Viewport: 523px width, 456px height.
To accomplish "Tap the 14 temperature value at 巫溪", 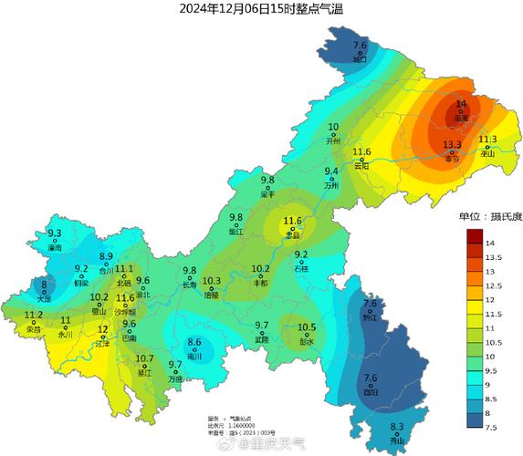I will point(461,105).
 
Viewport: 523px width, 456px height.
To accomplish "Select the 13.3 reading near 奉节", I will point(452,145).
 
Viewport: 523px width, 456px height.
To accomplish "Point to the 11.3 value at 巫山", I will point(487,140).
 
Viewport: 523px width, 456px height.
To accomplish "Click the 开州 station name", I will point(333,141).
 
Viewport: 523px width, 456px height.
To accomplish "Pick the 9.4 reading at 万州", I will point(331,171).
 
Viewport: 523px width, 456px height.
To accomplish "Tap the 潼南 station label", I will point(55,247).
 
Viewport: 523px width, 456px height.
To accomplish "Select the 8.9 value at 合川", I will point(106,256).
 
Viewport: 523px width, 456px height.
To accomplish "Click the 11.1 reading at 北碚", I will point(124,268).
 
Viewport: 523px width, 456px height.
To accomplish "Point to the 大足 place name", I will point(44,298).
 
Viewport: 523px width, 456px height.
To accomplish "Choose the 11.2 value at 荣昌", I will point(34,316).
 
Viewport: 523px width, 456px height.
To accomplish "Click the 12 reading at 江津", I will point(103,329).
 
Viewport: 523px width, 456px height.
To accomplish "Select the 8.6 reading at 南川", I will point(194,342).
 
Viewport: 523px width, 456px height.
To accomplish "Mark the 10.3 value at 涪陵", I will point(212,281).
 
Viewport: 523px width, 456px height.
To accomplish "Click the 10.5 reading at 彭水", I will point(307,327).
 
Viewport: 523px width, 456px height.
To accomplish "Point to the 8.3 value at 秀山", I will point(397,427).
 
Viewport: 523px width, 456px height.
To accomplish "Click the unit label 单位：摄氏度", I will point(489,217).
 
